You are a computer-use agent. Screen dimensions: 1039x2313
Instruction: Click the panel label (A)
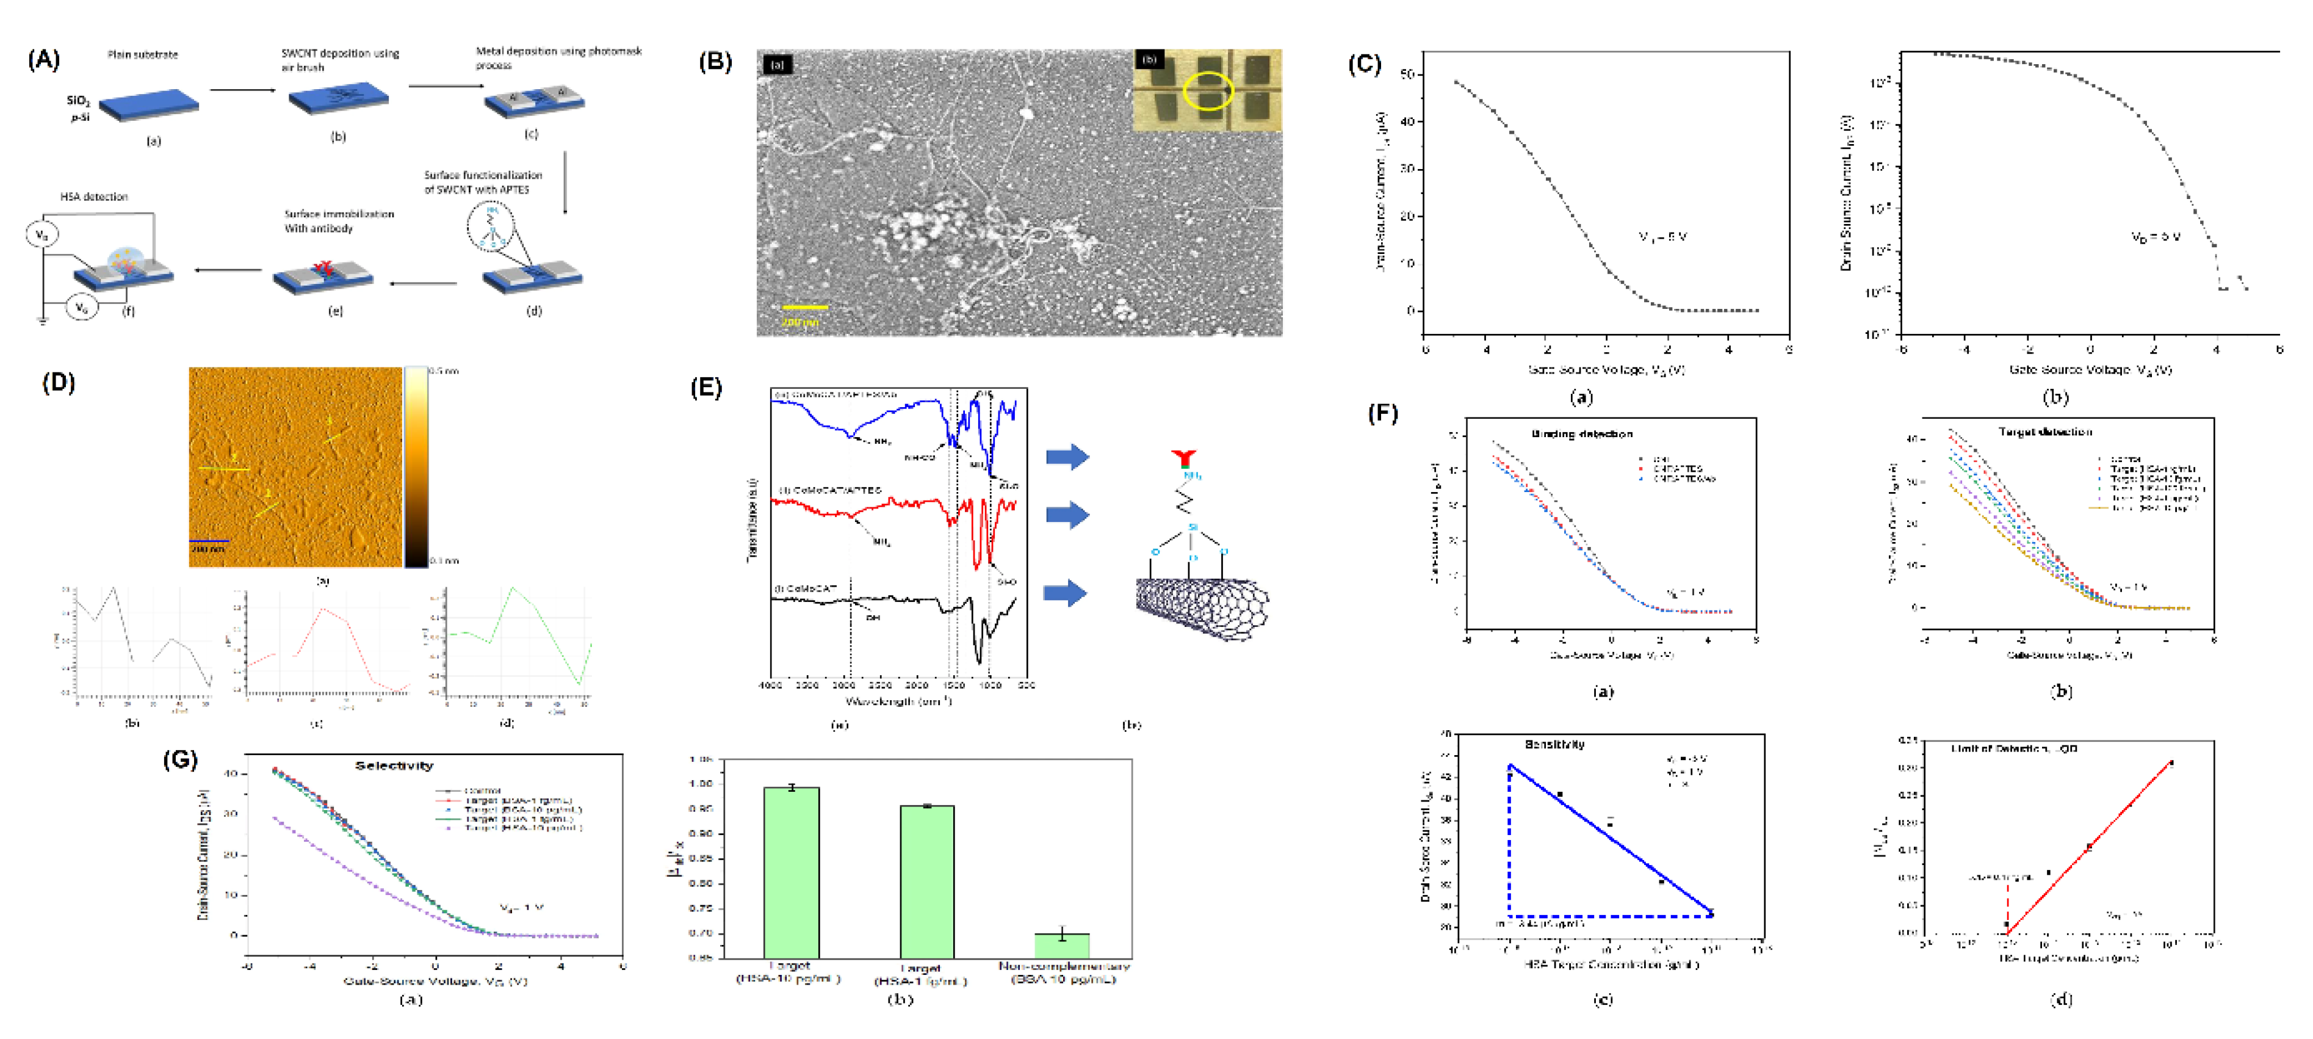coord(43,60)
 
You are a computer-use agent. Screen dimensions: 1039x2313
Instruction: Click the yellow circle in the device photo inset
coord(1208,91)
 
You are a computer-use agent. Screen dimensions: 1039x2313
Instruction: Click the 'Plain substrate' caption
coord(143,55)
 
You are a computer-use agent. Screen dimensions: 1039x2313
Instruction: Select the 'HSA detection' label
coord(93,197)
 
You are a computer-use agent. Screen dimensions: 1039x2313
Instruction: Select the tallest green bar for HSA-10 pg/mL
coord(790,871)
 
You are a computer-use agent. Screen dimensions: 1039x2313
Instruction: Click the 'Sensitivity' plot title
coord(1554,744)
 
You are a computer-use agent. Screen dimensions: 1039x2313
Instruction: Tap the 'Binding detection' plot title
coord(1581,434)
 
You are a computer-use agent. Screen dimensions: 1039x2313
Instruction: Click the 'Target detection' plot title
coord(2044,432)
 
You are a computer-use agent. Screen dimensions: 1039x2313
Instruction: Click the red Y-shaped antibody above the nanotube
coord(1183,459)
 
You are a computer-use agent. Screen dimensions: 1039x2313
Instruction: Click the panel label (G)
coord(179,760)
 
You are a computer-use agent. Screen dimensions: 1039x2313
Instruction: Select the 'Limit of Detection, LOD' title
coord(2013,748)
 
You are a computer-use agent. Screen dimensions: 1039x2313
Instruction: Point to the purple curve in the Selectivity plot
coord(359,871)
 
